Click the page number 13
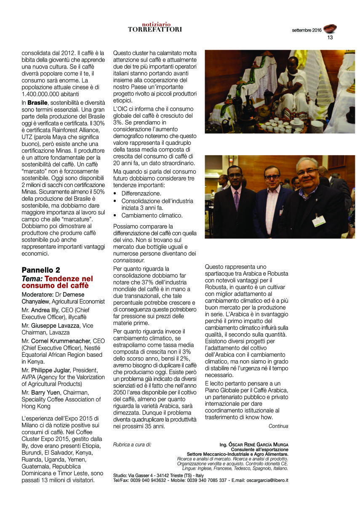(330, 37)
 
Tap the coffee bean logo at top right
(330, 29)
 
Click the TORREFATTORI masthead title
(155, 29)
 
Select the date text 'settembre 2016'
(307, 30)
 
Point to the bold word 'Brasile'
(37, 103)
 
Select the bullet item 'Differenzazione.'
(141, 193)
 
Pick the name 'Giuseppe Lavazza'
(56, 326)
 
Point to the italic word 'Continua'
(278, 426)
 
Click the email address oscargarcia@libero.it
(267, 480)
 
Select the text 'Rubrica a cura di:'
(132, 444)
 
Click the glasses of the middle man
(272, 177)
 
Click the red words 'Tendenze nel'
(69, 279)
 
